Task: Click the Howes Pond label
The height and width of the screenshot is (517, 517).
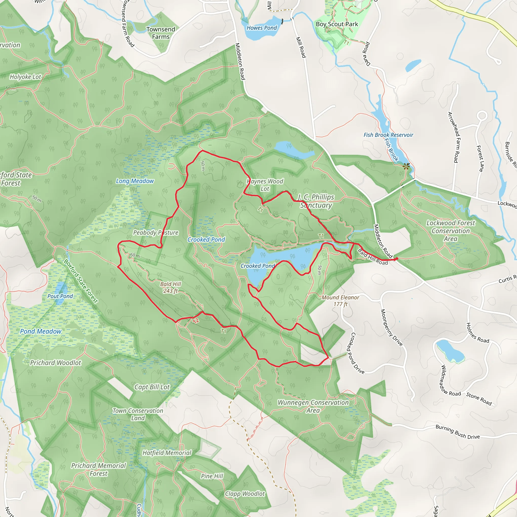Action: pyautogui.click(x=262, y=28)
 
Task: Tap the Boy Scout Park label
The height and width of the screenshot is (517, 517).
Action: pyautogui.click(x=337, y=24)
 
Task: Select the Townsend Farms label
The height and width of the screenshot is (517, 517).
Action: pyautogui.click(x=161, y=33)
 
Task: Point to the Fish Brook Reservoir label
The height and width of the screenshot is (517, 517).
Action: pyautogui.click(x=388, y=135)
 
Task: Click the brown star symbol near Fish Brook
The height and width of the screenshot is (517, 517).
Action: pyautogui.click(x=406, y=166)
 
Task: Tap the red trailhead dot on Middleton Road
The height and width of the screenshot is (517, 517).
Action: pyautogui.click(x=396, y=258)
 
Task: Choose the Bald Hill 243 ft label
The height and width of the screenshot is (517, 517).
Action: pyautogui.click(x=170, y=287)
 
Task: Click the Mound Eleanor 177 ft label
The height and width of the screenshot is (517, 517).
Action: pyautogui.click(x=340, y=300)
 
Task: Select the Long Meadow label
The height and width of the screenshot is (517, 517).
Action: pyautogui.click(x=135, y=181)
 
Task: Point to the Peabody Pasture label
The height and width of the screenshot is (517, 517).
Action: pyautogui.click(x=156, y=232)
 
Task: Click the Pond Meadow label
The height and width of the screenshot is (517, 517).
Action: pyautogui.click(x=41, y=331)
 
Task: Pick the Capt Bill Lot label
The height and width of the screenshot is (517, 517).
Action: pyautogui.click(x=152, y=387)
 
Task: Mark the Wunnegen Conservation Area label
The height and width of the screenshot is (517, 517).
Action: pyautogui.click(x=313, y=406)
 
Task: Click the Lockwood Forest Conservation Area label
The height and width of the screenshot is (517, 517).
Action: pyautogui.click(x=451, y=231)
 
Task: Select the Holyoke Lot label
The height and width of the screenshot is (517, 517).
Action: pyautogui.click(x=25, y=77)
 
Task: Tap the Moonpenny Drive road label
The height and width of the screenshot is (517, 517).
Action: pyautogui.click(x=392, y=327)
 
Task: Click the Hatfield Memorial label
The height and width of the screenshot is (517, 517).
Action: pyautogui.click(x=167, y=453)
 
